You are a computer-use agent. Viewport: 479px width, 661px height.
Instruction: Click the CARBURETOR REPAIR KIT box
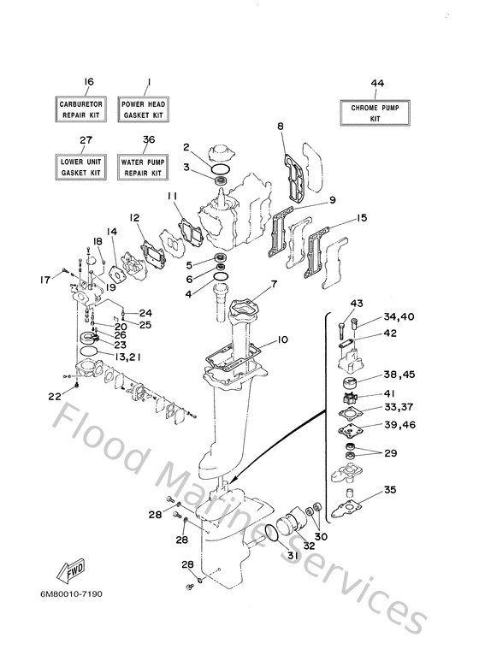pyautogui.click(x=80, y=109)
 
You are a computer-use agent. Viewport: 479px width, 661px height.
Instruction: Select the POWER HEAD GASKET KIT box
pyautogui.click(x=143, y=109)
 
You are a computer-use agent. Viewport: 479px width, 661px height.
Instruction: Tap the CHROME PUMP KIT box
pyautogui.click(x=375, y=113)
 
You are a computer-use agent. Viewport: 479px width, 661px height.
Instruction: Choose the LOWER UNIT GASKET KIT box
pyautogui.click(x=80, y=167)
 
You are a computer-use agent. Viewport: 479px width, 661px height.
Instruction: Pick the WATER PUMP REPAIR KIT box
pyautogui.click(x=143, y=167)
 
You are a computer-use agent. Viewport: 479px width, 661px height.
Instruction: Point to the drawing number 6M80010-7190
pyautogui.click(x=71, y=594)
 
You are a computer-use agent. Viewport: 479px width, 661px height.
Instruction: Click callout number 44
pyautogui.click(x=377, y=84)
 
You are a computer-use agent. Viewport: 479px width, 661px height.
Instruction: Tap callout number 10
pyautogui.click(x=282, y=339)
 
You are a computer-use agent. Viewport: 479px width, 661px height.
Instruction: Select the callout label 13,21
pyautogui.click(x=127, y=357)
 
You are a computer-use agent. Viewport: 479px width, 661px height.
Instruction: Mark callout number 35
pyautogui.click(x=390, y=490)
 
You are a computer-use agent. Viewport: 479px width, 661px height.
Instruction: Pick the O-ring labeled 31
pyautogui.click(x=271, y=534)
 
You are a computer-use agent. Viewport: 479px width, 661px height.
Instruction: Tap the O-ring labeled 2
pyautogui.click(x=220, y=169)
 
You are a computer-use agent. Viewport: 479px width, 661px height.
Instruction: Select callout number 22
pyautogui.click(x=55, y=396)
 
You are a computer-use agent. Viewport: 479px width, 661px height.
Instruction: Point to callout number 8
pyautogui.click(x=281, y=126)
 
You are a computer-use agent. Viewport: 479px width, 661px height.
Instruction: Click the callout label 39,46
pyautogui.click(x=399, y=425)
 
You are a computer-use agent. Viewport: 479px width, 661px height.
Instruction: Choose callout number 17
pyautogui.click(x=45, y=280)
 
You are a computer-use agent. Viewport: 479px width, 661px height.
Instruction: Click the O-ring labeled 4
pyautogui.click(x=222, y=276)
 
